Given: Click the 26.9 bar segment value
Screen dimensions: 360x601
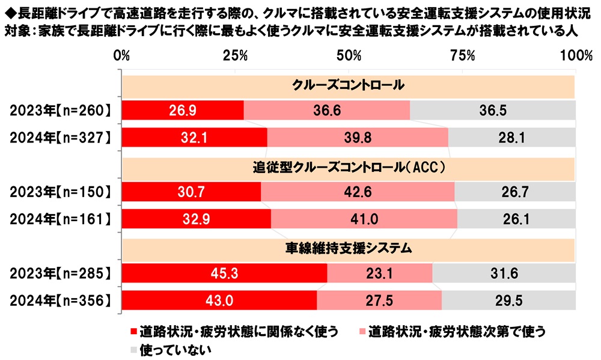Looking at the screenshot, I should [183, 111].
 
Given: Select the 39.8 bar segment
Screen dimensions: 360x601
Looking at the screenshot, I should [358, 138].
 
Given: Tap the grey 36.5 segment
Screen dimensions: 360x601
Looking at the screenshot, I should [493, 111].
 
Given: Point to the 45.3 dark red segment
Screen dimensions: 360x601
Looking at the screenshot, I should [224, 273].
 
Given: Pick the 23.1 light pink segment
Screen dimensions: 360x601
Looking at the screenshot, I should [380, 273].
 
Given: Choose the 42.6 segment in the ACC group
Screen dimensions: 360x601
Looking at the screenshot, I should [358, 192].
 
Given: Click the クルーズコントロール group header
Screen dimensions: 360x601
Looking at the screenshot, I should [348, 85].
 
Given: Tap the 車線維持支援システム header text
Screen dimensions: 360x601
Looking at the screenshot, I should [348, 246].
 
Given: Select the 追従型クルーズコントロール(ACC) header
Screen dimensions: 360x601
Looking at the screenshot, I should [348, 166].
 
